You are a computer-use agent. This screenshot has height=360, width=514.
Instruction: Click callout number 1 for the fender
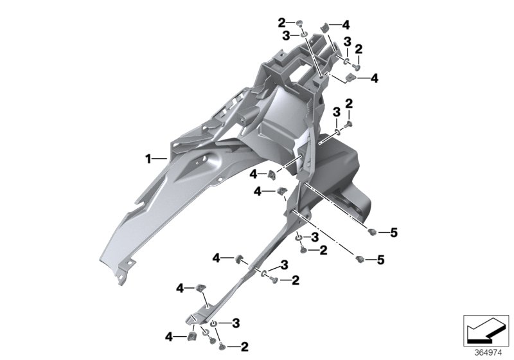tap(148, 159)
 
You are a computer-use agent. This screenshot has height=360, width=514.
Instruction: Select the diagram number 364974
tap(488, 353)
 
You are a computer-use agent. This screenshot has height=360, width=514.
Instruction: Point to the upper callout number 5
tap(394, 233)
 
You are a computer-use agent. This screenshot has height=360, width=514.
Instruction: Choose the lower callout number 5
tap(380, 260)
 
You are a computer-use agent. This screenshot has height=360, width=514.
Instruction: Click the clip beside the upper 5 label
tap(372, 232)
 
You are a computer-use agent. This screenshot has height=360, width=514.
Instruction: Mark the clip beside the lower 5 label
tap(360, 259)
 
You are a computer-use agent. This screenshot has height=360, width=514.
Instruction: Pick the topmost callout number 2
tap(281, 23)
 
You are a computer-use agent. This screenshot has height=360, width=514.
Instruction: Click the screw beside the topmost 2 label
tap(299, 23)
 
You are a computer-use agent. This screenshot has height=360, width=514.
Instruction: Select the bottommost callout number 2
tap(245, 346)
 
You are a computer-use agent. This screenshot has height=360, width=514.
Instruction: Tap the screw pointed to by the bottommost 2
tap(222, 345)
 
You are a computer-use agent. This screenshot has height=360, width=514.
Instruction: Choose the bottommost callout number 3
tap(236, 323)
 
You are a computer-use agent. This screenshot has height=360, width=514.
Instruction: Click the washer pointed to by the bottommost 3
tap(214, 323)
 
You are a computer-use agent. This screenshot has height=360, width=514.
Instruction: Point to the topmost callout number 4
tap(346, 24)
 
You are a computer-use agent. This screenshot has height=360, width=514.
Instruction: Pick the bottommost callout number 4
tap(169, 337)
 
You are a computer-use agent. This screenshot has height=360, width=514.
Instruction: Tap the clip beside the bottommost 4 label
tap(191, 336)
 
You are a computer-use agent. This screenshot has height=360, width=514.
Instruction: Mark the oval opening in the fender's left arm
tap(200, 159)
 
